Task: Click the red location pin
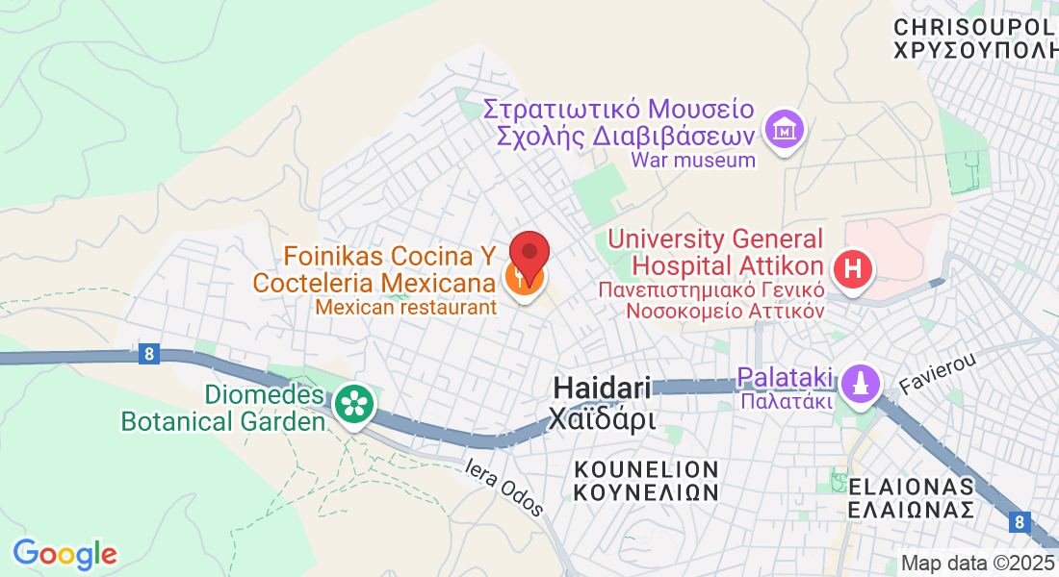(x=529, y=253)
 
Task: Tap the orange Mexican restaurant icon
(x=524, y=280)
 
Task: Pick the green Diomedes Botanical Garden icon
(x=353, y=403)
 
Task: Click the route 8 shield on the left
(x=147, y=355)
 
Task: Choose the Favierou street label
(x=938, y=372)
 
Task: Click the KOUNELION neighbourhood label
(x=646, y=468)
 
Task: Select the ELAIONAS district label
(x=911, y=484)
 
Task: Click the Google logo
(x=65, y=554)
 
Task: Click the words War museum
(x=693, y=160)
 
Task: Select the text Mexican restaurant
(x=405, y=307)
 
